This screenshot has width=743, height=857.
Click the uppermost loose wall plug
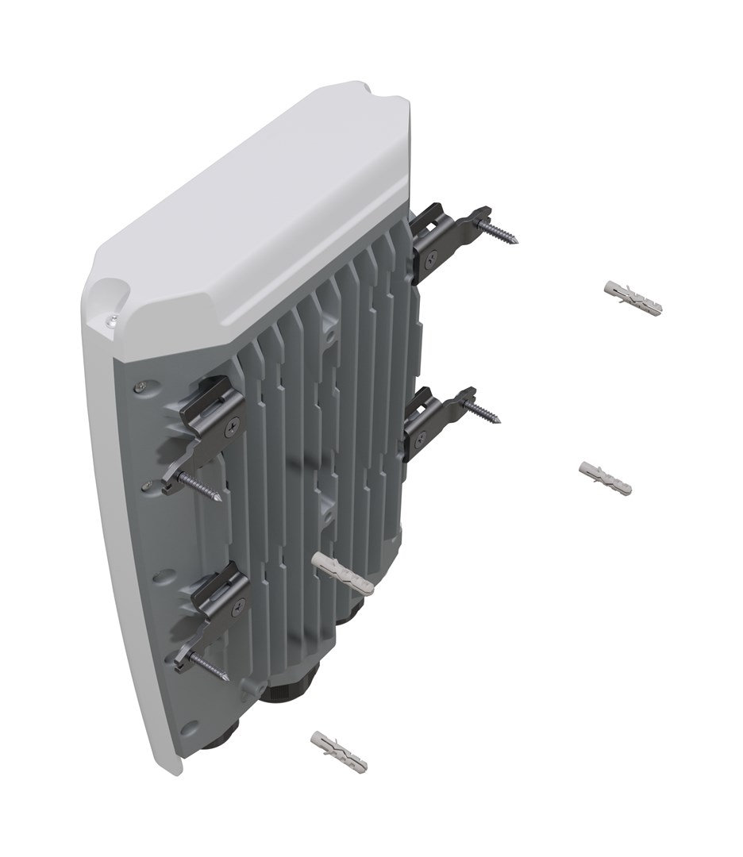click(x=633, y=296)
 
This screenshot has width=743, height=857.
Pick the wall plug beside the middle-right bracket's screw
click(x=606, y=478)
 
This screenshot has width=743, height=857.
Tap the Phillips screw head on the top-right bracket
click(x=433, y=256)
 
